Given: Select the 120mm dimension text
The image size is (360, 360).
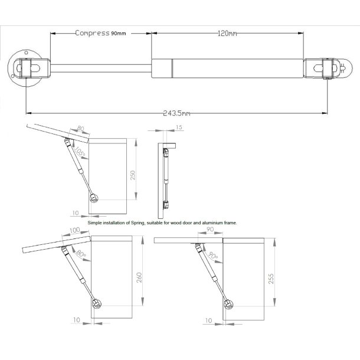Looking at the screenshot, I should [227, 34].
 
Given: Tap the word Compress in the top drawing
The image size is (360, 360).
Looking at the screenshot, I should [92, 33].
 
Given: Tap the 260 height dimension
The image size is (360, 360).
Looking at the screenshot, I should [139, 276].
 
